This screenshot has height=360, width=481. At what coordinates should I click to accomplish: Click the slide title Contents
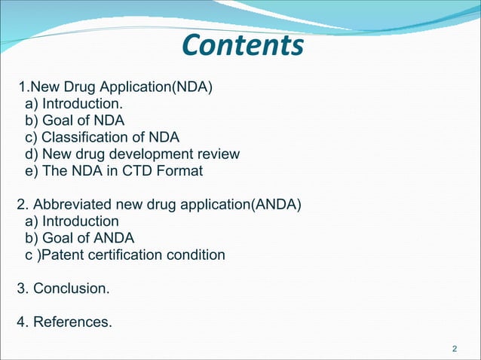click(243, 46)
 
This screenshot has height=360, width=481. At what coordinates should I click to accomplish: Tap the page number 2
click(454, 349)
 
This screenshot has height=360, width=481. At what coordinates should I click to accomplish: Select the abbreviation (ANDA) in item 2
click(279, 205)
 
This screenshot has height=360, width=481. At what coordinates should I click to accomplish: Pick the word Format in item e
click(178, 171)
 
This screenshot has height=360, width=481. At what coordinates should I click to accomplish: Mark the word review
click(221, 154)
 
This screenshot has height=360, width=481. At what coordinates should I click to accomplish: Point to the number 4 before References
click(21, 322)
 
